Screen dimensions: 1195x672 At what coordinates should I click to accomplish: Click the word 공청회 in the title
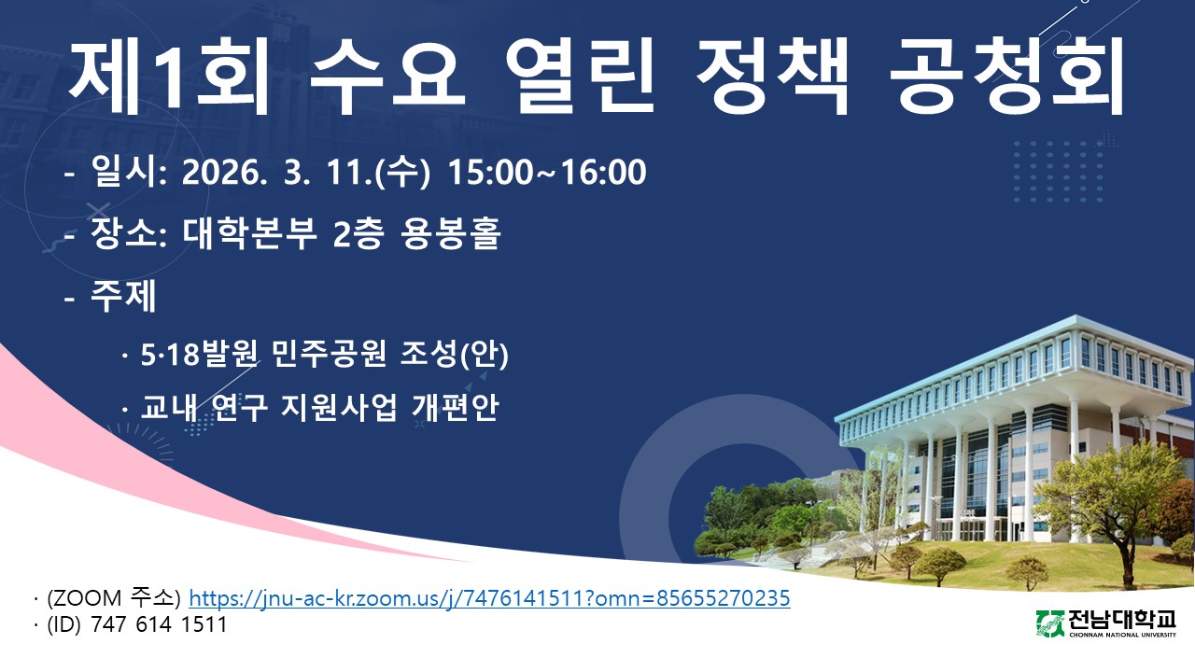(1007, 76)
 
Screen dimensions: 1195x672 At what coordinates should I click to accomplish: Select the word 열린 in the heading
(580, 76)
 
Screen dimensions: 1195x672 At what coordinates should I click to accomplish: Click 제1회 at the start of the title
(169, 76)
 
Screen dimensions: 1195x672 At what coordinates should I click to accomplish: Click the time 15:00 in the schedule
(490, 173)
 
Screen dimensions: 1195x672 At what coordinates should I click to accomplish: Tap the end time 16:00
(604, 173)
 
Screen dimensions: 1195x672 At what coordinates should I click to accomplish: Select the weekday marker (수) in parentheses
(402, 173)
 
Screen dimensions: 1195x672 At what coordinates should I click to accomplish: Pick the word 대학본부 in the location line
(249, 233)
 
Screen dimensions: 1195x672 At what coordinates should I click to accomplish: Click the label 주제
(123, 295)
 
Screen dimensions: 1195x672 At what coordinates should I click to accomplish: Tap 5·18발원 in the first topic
(200, 353)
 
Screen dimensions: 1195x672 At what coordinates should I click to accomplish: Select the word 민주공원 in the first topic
(329, 353)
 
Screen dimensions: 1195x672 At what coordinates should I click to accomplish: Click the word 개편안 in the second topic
(455, 407)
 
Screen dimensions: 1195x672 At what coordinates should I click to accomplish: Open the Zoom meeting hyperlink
(489, 598)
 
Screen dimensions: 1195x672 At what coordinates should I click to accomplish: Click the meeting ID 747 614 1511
(159, 624)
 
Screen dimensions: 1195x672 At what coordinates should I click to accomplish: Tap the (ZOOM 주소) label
(114, 598)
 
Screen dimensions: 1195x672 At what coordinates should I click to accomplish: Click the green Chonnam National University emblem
(1050, 624)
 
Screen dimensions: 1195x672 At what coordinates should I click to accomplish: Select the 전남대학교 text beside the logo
(1122, 621)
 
